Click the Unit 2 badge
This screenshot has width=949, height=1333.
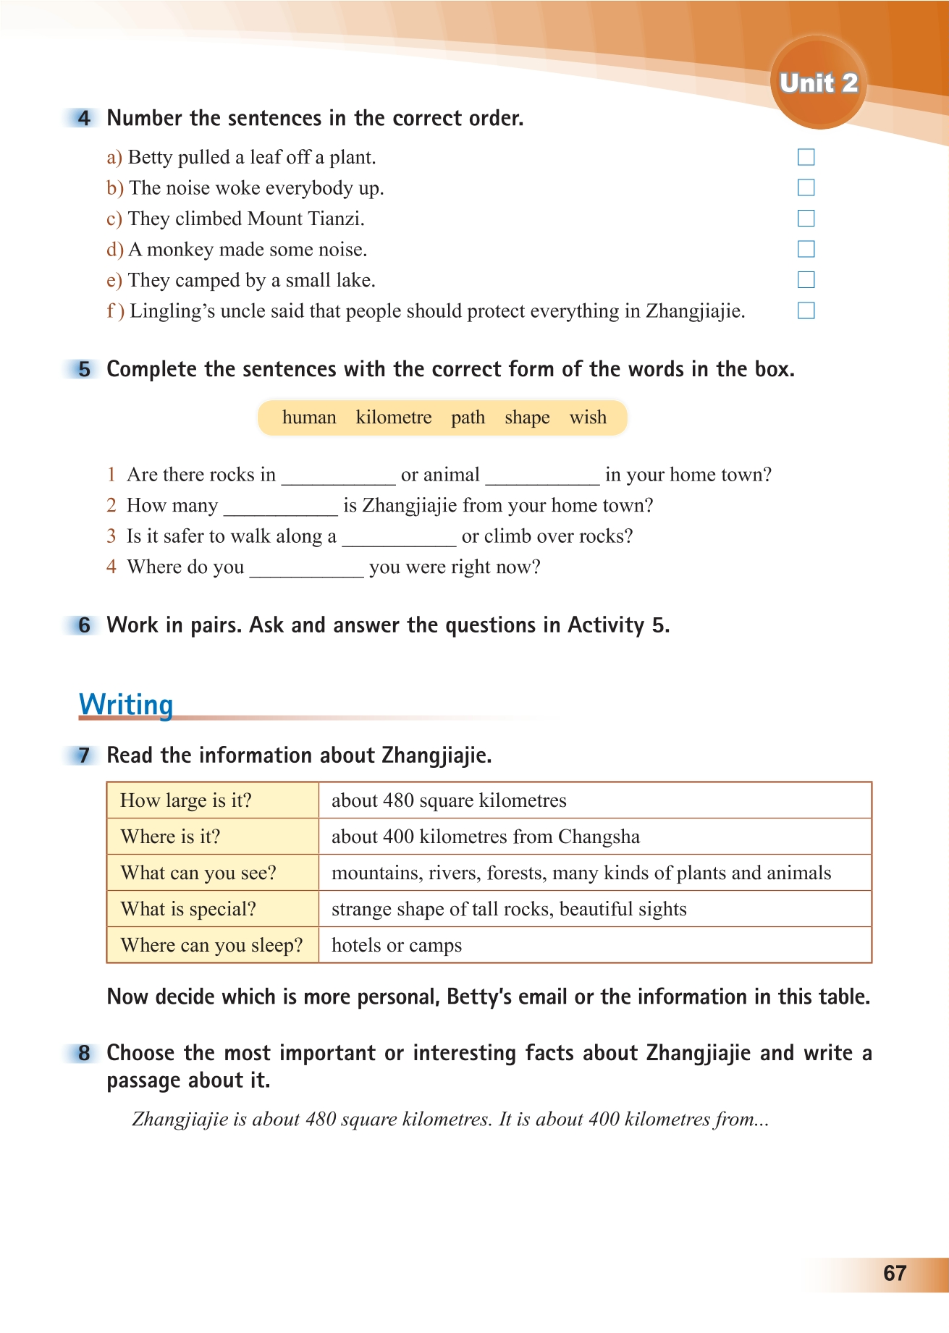click(818, 83)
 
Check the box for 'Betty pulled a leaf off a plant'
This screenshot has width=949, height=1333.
click(806, 157)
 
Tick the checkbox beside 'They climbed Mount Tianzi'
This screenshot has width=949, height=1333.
click(806, 219)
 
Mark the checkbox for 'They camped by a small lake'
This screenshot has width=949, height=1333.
click(806, 280)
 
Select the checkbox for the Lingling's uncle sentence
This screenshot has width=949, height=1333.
click(806, 311)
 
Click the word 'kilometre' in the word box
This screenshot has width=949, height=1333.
click(394, 418)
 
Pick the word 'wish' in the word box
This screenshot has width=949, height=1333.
click(588, 418)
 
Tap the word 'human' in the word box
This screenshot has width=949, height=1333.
click(309, 418)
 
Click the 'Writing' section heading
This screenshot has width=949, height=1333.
click(126, 704)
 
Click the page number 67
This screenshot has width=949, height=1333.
click(895, 1273)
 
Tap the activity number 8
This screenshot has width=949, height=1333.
click(85, 1053)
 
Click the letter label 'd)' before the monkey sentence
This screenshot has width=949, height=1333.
click(115, 250)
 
